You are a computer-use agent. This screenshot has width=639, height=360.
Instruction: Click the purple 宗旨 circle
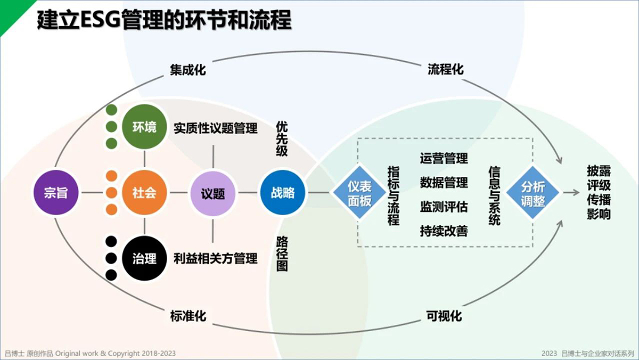point(56,193)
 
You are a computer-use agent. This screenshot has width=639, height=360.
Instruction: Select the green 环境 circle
point(144,127)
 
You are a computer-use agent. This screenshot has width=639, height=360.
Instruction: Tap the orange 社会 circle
point(144,193)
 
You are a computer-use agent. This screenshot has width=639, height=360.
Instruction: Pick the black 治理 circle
point(144,258)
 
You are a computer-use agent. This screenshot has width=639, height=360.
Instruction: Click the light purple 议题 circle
point(213,193)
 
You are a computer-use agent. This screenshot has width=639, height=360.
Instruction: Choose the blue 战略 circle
point(283,193)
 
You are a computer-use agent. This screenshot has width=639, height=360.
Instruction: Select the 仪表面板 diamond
point(359,193)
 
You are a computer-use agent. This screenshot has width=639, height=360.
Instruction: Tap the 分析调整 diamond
point(532,193)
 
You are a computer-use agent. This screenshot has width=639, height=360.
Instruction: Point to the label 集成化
point(187,70)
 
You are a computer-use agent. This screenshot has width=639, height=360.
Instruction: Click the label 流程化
point(445,69)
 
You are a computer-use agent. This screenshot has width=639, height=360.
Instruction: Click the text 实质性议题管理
point(216,128)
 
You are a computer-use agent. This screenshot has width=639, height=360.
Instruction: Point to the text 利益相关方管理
point(216,258)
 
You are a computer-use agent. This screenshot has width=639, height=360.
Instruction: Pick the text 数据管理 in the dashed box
point(444,183)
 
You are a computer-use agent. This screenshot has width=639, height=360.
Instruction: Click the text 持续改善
point(444,231)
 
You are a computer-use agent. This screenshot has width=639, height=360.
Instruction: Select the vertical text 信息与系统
point(494,195)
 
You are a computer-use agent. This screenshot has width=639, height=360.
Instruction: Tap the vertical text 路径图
point(282,253)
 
